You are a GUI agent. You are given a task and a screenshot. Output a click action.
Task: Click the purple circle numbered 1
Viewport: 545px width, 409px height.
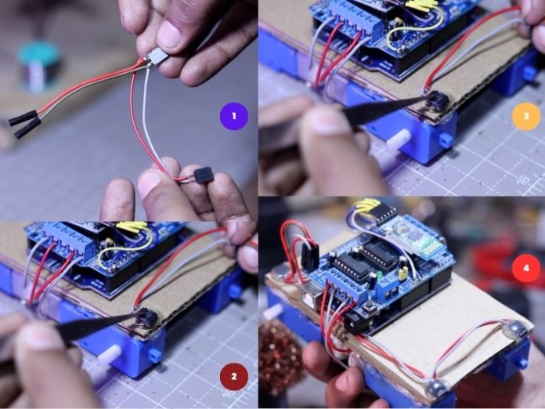coord(234,116)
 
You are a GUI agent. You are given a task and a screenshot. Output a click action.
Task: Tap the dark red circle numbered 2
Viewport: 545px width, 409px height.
coord(234,376)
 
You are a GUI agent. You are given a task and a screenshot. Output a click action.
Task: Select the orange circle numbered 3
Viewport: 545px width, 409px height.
coord(526,116)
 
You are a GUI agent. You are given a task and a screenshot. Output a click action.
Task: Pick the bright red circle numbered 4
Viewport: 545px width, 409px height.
coord(526,268)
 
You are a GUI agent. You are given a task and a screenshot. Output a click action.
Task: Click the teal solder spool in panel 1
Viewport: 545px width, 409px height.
coord(38,66)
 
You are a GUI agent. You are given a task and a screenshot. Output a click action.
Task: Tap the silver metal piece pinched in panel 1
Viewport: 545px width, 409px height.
coord(157,56)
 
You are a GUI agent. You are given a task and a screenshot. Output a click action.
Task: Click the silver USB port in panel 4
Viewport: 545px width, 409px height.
coord(312,291)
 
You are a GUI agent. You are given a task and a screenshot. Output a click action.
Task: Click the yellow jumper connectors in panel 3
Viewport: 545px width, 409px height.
coord(421,5)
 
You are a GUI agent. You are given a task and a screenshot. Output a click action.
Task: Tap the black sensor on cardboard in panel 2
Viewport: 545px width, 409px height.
coord(146,317)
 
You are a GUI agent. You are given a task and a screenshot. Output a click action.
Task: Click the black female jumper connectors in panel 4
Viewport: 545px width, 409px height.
coord(310,256)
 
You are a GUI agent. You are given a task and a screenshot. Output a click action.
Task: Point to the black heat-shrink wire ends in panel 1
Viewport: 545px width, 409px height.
coord(25,123)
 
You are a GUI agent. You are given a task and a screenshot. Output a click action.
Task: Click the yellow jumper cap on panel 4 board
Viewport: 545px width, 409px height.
coord(403,275)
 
